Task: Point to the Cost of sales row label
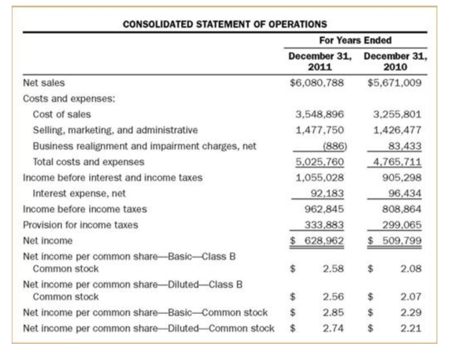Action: point(62,114)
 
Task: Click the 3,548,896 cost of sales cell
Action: point(320,114)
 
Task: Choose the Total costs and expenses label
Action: point(88,162)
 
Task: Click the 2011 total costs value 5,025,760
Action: point(320,162)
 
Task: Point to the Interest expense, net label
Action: point(79,193)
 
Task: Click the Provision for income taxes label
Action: point(80,225)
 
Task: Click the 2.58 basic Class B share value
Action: point(333,269)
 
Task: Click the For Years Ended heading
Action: point(355,40)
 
